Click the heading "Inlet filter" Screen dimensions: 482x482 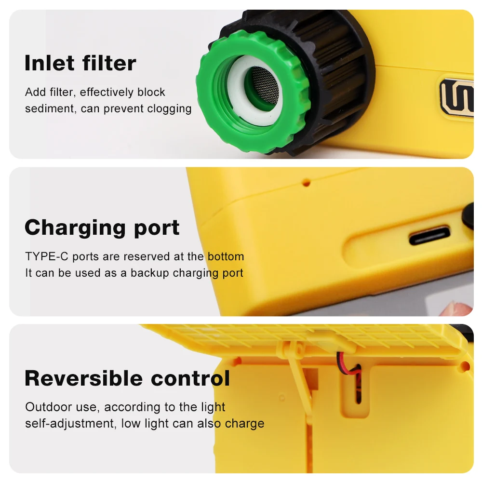(80, 63)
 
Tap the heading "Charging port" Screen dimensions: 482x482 (102, 228)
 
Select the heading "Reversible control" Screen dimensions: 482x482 (127, 378)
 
